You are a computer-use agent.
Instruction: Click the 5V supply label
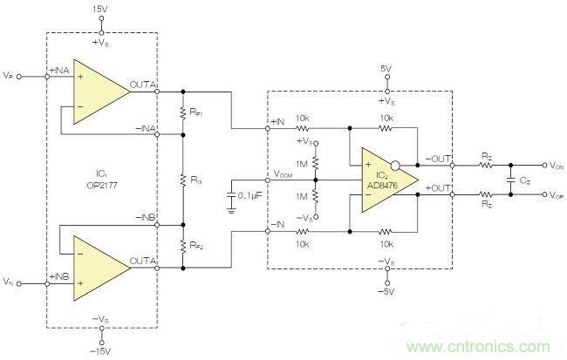386,67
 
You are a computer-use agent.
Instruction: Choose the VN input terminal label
9,282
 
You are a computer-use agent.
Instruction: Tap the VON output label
553,164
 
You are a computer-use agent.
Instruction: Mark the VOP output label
553,198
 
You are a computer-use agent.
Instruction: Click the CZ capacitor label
523,182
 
